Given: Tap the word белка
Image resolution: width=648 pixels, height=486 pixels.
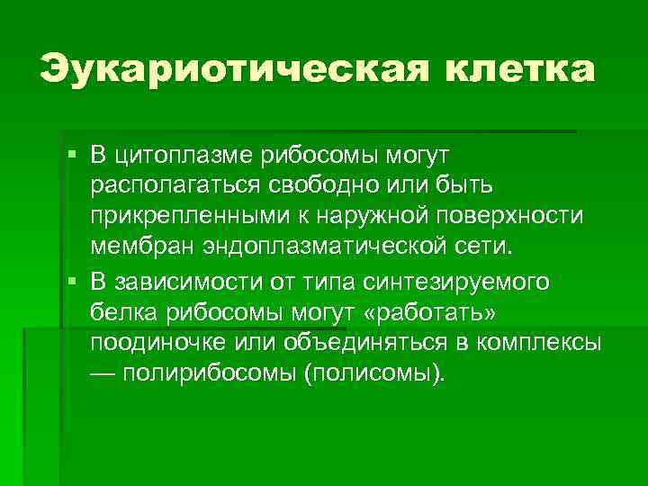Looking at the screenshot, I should [x=120, y=312].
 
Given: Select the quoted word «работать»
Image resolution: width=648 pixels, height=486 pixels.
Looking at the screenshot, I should [x=441, y=312].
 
